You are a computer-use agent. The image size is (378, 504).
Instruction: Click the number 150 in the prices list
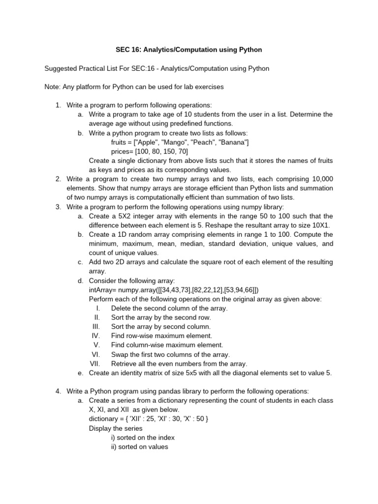pos(160,151)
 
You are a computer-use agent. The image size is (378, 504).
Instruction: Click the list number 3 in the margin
pos(58,207)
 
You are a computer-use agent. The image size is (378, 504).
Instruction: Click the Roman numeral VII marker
pos(95,363)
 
